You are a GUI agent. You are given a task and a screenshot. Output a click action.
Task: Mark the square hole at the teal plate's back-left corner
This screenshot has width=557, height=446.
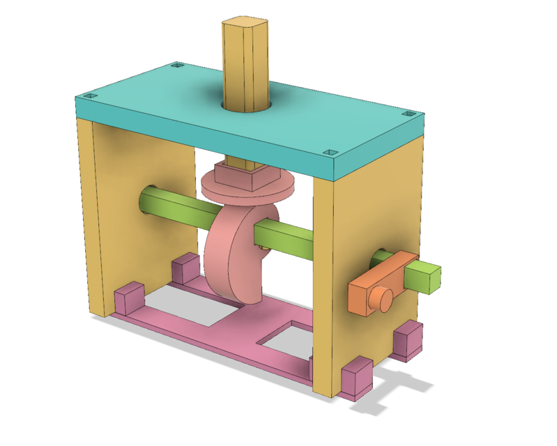click(x=176, y=66)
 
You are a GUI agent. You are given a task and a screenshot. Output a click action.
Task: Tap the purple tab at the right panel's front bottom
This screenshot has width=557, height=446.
click(x=356, y=379)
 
